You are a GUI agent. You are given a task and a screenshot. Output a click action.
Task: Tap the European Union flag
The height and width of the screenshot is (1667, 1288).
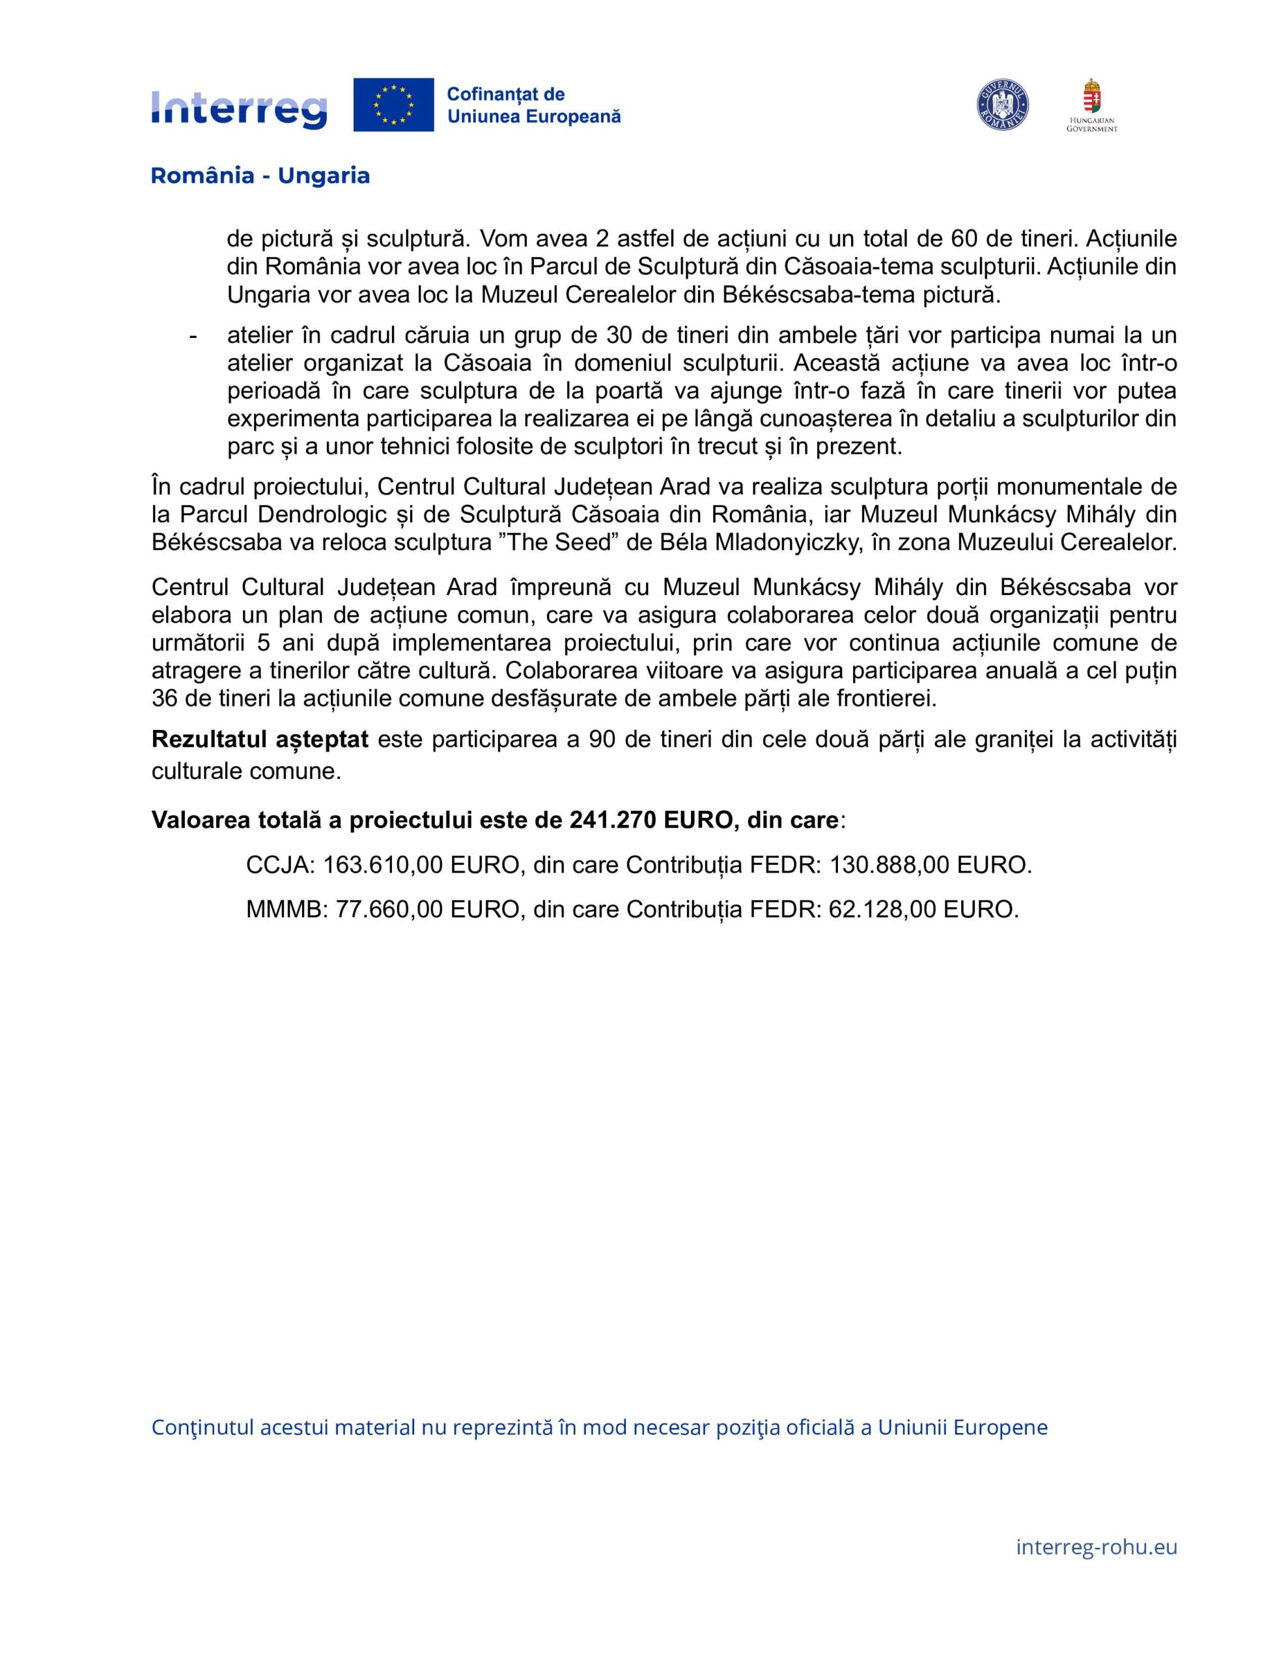393,105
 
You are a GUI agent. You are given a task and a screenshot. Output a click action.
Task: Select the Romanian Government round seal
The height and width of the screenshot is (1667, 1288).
1002,105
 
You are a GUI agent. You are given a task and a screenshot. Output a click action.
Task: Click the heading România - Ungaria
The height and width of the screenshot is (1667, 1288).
260,176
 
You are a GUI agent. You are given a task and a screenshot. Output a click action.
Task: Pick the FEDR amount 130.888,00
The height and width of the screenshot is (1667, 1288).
889,865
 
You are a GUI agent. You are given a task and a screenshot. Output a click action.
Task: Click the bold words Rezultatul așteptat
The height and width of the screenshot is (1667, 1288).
260,739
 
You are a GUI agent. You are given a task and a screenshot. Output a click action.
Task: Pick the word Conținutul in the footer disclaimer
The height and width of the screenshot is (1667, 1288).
202,1427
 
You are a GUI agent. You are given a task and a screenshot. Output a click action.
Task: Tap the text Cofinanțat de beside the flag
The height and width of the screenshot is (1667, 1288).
505,94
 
